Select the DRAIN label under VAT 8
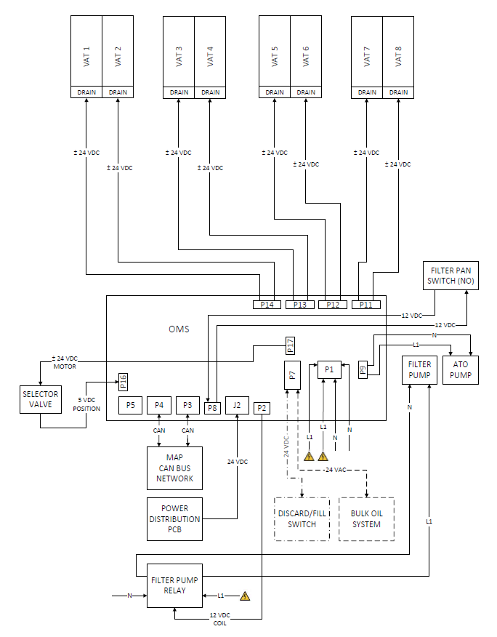pyautogui.click(x=398, y=92)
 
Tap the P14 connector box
pyautogui.click(x=267, y=305)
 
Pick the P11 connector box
pyautogui.click(x=366, y=305)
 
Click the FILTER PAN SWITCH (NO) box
pyautogui.click(x=451, y=274)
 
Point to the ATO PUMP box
pyautogui.click(x=461, y=369)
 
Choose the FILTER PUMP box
pyautogui.click(x=419, y=369)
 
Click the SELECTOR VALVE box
pyautogui.click(x=40, y=399)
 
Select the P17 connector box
pyautogui.click(x=290, y=345)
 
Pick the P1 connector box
pyautogui.click(x=329, y=369)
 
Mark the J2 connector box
pyautogui.click(x=237, y=406)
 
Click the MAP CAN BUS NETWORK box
pyautogui.click(x=174, y=468)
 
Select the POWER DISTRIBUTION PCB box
pyautogui.click(x=174, y=519)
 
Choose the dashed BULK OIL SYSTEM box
pyautogui.click(x=366, y=519)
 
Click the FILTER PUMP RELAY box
pyautogui.click(x=174, y=585)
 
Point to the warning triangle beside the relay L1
pyautogui.click(x=245, y=596)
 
